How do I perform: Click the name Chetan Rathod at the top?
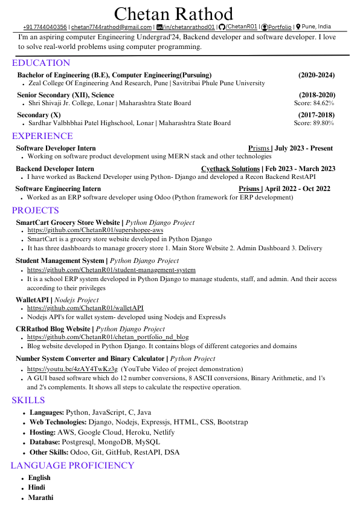pyautogui.click(x=173, y=14)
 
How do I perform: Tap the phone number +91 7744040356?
pyautogui.click(x=45, y=27)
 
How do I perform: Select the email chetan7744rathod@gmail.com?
pyautogui.click(x=111, y=27)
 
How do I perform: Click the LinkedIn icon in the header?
pyautogui.click(x=159, y=27)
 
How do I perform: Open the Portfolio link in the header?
pyautogui.click(x=280, y=27)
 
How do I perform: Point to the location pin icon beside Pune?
pyautogui.click(x=298, y=27)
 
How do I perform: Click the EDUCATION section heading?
pyautogui.click(x=40, y=63)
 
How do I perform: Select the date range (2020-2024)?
pyautogui.click(x=317, y=75)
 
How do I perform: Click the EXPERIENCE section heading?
pyautogui.click(x=42, y=136)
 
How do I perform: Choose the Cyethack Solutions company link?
pyautogui.click(x=230, y=169)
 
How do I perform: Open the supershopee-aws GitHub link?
pyautogui.click(x=95, y=231)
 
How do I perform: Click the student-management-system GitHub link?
pyautogui.click(x=111, y=270)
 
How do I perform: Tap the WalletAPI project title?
pyautogui.click(x=33, y=299)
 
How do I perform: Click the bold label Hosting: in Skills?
pyautogui.click(x=42, y=432)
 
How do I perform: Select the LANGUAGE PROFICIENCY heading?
pyautogui.click(x=72, y=465)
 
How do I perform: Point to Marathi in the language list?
pyautogui.click(x=40, y=498)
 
